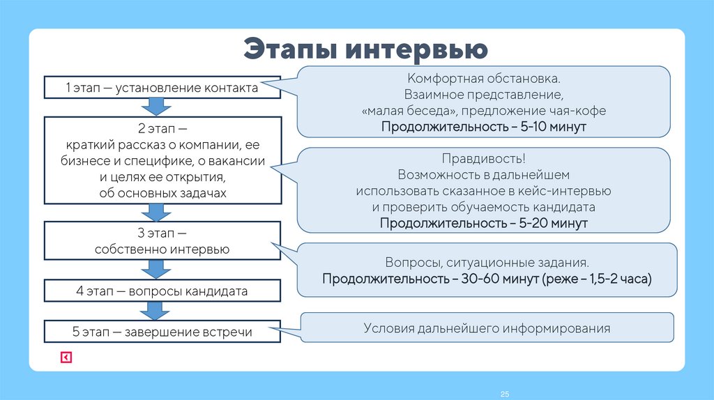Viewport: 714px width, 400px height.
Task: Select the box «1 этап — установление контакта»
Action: pos(162,88)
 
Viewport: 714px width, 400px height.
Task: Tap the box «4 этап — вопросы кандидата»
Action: pos(162,290)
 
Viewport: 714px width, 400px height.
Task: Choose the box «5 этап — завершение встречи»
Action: pos(162,332)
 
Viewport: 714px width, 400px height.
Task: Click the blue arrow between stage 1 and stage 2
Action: pos(156,107)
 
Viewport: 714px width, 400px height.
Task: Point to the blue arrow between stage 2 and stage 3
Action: pos(156,212)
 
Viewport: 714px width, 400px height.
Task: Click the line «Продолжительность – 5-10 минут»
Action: pos(484,127)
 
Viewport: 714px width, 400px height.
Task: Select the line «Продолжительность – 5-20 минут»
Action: pos(484,223)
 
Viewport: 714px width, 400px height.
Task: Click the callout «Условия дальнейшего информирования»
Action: pos(487,328)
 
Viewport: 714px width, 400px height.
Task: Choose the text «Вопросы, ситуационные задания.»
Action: pos(487,263)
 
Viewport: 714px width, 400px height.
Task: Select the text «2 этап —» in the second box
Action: pos(162,130)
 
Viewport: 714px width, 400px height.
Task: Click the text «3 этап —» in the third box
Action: pos(162,233)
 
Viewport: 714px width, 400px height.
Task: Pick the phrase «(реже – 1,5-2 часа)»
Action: pos(597,279)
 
